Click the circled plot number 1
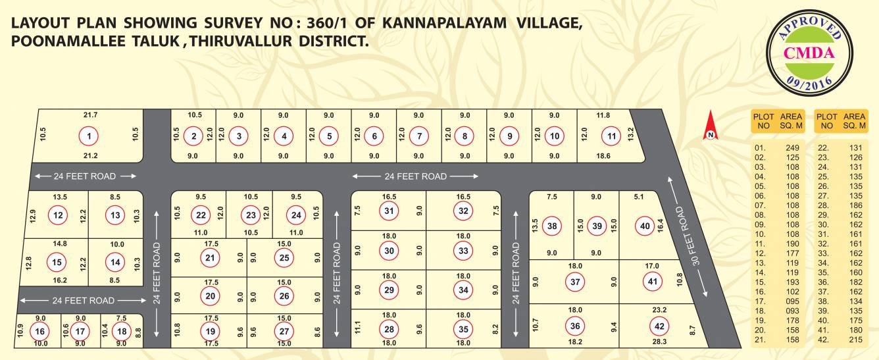click(88, 136)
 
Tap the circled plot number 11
click(612, 136)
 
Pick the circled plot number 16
click(41, 331)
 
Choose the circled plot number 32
click(464, 211)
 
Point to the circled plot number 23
click(250, 215)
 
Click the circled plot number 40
click(644, 226)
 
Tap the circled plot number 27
click(284, 330)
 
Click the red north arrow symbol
click(711, 126)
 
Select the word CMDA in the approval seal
click(809, 53)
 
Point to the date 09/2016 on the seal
click(809, 82)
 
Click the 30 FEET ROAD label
click(688, 236)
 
